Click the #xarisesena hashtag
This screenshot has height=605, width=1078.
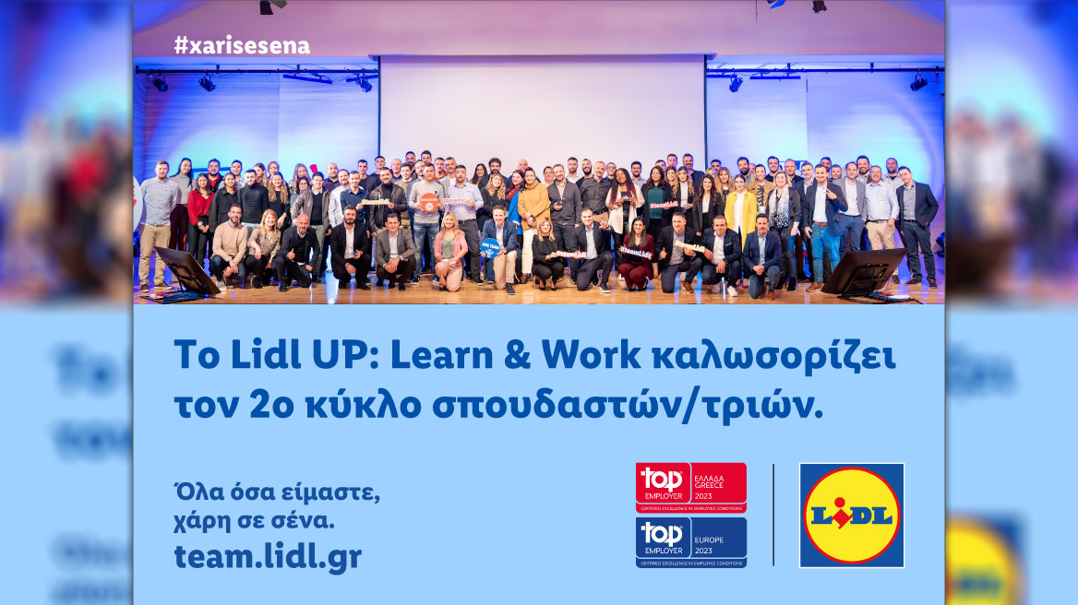[x=242, y=46]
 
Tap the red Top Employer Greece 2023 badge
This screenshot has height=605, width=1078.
[x=690, y=487]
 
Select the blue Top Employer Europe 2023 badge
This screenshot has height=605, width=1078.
[x=690, y=541]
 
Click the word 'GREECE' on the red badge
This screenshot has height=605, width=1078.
[x=708, y=486]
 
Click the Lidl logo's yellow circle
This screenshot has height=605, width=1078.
[x=851, y=515]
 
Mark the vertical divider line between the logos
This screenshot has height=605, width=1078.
[x=773, y=515]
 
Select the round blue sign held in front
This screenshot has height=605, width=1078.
[x=490, y=247]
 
